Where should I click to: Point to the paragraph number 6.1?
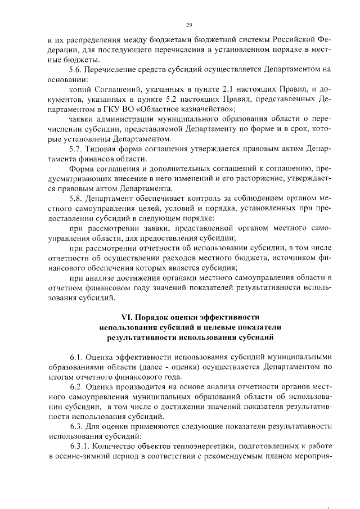pyautogui.click(x=78, y=357)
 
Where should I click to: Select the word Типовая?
pyautogui.click(x=109, y=149)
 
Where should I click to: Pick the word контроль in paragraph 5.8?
pyautogui.click(x=210, y=199)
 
